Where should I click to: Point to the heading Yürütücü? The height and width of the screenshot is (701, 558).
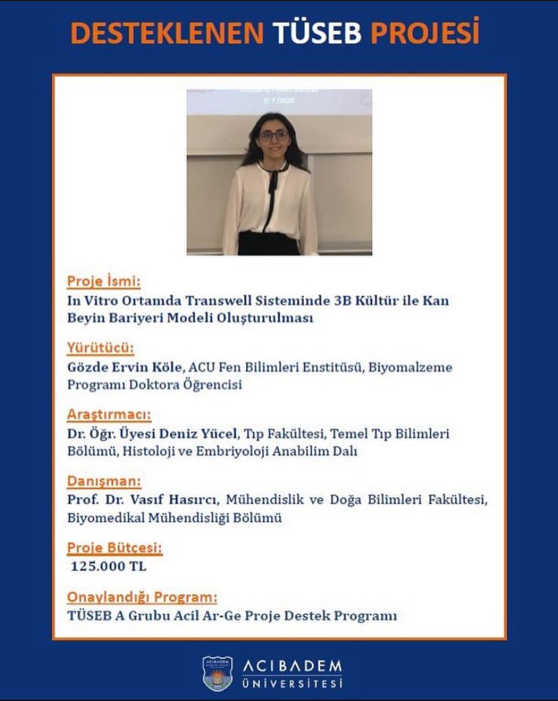coord(100,348)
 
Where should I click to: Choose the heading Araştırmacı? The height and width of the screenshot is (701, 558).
coord(108,413)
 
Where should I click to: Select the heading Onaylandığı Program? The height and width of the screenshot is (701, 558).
coord(142,597)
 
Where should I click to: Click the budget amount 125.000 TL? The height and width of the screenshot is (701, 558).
coord(108,566)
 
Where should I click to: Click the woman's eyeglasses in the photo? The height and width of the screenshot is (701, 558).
coord(274,135)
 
